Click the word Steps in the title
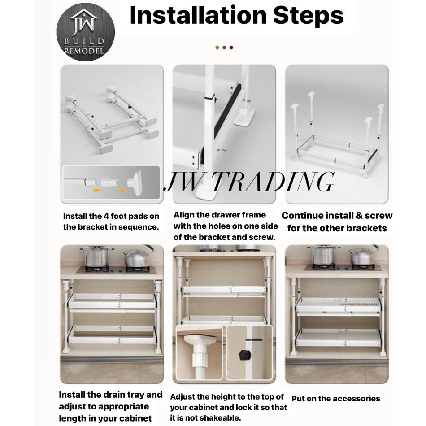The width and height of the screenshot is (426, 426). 309,16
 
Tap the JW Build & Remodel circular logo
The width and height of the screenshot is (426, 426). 85,32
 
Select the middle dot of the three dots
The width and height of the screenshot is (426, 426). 224,48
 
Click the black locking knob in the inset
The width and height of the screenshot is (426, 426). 243,354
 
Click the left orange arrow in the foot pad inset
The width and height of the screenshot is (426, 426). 97,191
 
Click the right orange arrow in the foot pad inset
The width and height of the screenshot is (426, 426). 123,191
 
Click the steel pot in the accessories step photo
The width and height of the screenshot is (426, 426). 323,255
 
